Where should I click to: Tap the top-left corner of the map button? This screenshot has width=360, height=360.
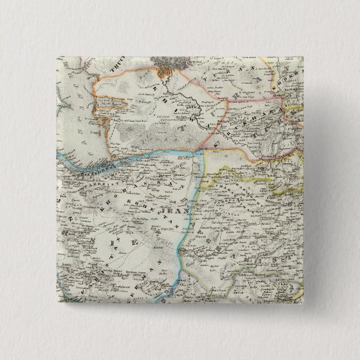coord(56,56)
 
